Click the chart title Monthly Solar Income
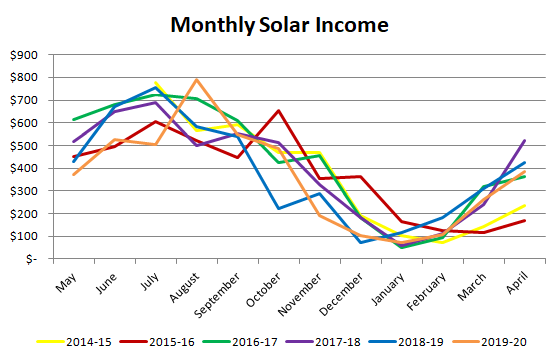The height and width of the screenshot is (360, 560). tap(279, 24)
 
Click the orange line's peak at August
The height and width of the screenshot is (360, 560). tap(197, 80)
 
